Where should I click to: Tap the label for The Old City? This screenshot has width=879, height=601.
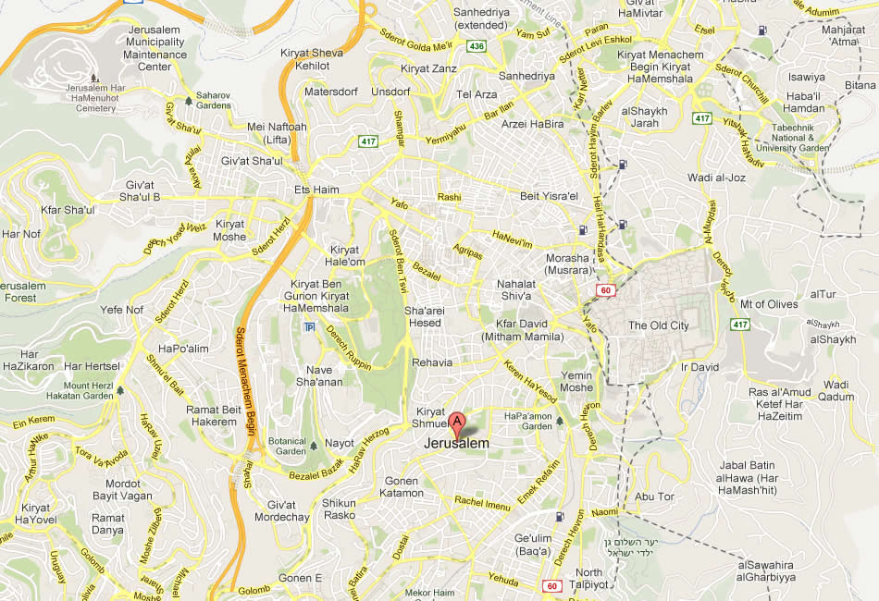tap(658, 325)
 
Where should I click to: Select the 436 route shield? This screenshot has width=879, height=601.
tap(476, 44)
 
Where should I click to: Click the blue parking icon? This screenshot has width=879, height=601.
tap(308, 327)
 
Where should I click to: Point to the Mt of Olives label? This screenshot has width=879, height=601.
tap(768, 304)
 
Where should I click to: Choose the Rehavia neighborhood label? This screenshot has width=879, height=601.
tap(432, 362)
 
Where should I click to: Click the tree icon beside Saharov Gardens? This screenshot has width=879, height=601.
tap(189, 100)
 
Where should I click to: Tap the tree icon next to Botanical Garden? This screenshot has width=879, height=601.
tap(314, 445)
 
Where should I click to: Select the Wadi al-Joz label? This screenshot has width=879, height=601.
tap(710, 177)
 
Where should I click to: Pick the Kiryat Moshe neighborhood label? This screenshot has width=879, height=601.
tap(230, 230)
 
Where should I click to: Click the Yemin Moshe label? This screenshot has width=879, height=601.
tap(576, 381)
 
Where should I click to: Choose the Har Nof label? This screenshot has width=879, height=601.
tap(21, 234)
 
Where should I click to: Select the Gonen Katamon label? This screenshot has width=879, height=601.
tap(402, 487)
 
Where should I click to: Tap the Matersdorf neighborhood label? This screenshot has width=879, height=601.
tap(332, 92)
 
